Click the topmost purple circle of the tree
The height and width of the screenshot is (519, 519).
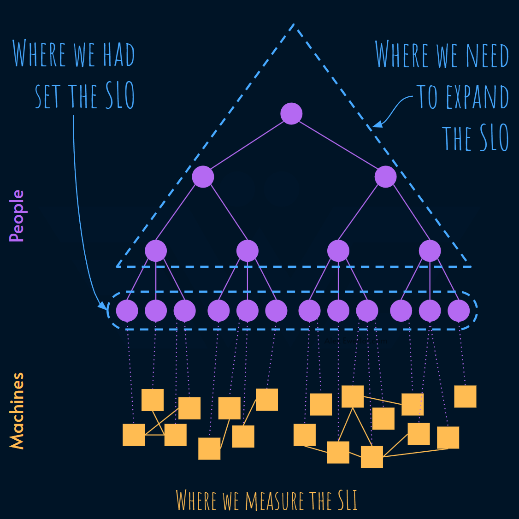[x=291, y=113]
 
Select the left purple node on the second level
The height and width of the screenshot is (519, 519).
[x=203, y=177]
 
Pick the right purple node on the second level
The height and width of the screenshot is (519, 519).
[x=385, y=177]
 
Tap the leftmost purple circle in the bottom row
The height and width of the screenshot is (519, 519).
[x=127, y=311]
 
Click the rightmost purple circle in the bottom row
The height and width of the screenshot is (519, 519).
[x=459, y=311]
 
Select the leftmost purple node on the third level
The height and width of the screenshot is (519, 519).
[x=156, y=251]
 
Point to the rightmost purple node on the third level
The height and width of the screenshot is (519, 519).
[x=430, y=251]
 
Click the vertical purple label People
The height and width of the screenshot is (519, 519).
[x=17, y=216]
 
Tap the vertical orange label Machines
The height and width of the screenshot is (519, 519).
[x=17, y=410]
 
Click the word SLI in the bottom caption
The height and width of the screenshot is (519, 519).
[x=348, y=501]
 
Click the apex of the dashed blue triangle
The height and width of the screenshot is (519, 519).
[x=294, y=25]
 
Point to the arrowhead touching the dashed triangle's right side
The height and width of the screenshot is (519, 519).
[x=377, y=124]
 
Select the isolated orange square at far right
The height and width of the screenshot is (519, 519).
[x=465, y=396]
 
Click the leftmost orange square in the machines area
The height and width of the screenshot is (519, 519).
[x=134, y=435]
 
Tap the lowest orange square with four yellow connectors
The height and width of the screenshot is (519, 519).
[x=372, y=456]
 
